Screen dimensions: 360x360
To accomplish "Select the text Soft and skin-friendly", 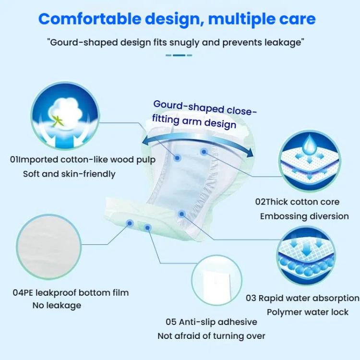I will coord(69,174).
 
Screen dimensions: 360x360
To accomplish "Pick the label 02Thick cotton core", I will coord(297,202).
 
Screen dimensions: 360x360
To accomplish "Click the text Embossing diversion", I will coord(304,216).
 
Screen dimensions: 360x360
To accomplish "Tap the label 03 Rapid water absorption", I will coord(302,298).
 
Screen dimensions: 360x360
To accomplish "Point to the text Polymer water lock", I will coord(308,312).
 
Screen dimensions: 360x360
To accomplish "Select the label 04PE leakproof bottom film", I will coord(71,292).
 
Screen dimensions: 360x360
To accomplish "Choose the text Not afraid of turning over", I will coord(211,336).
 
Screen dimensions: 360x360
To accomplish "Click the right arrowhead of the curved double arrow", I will coord(249,152).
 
